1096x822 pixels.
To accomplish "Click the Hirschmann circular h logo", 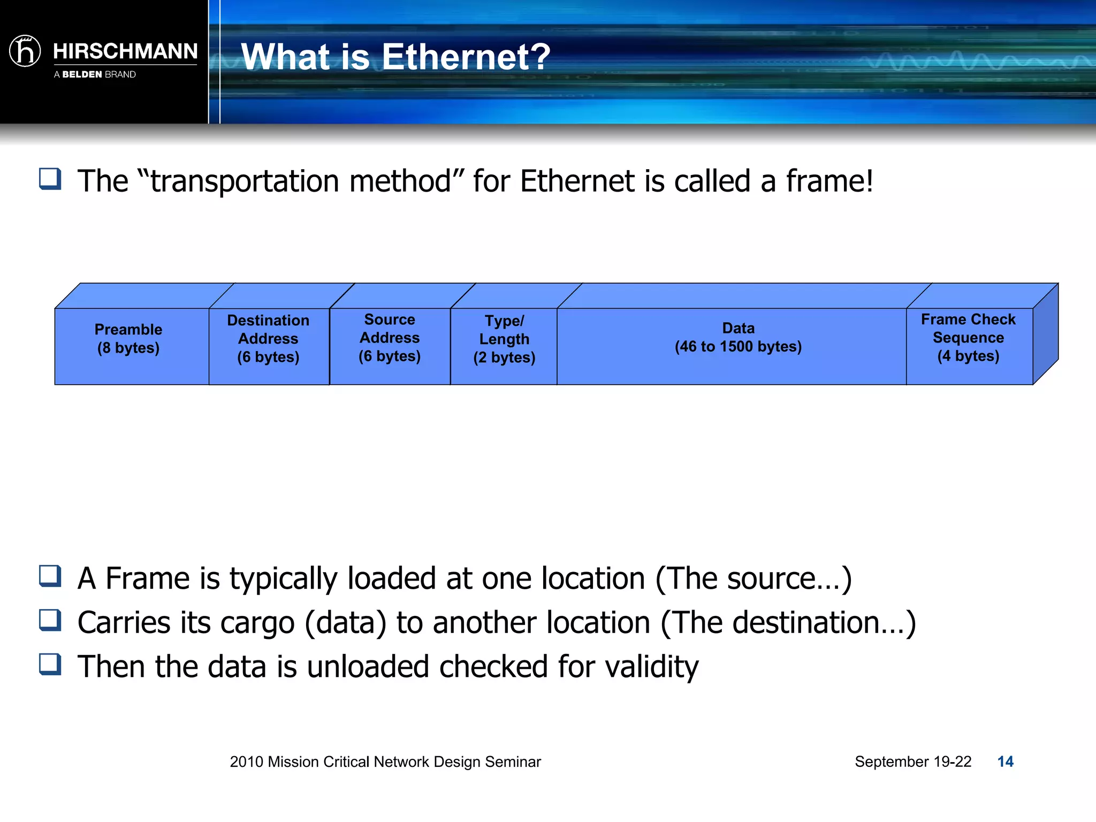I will click(25, 51).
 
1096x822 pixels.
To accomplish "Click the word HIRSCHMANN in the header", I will click(125, 51).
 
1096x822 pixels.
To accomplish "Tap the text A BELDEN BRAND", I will click(95, 74).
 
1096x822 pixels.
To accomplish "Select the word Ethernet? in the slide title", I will click(466, 57).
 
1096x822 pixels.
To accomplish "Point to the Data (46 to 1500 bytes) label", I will click(738, 338).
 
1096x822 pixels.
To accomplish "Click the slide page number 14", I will click(1005, 762).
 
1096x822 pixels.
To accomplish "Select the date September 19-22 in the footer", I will click(912, 762).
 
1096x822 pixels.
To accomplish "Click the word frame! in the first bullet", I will click(829, 181).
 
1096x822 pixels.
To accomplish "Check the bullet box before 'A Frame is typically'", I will click(50, 576).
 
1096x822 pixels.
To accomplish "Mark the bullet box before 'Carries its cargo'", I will click(50, 621).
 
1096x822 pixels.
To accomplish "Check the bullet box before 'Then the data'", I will click(50, 665).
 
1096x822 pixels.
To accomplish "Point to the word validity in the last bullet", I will click(652, 667).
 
